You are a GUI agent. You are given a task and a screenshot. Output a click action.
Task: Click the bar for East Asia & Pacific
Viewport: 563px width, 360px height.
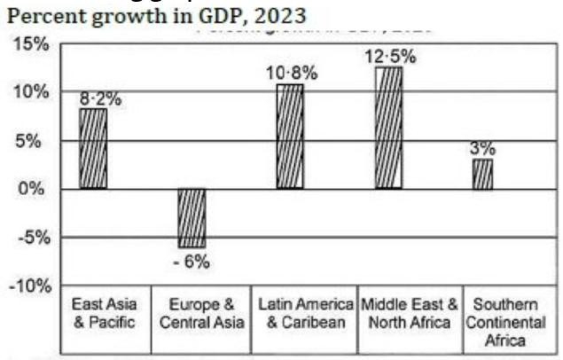(92, 148)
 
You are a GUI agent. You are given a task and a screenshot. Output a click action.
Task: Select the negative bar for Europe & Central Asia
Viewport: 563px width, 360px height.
(191, 217)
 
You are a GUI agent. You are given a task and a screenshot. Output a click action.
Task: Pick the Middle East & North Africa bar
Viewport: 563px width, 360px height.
(388, 127)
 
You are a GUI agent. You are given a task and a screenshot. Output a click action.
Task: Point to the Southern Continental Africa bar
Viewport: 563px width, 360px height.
(482, 174)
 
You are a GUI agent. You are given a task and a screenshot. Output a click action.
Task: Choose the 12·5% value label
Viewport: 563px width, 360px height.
(389, 57)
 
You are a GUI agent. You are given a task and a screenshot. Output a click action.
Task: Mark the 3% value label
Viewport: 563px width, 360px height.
(482, 148)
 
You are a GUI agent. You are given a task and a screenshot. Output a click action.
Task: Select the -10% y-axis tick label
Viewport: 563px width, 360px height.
(29, 286)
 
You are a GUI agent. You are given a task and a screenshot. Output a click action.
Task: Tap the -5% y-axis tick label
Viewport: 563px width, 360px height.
(34, 238)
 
